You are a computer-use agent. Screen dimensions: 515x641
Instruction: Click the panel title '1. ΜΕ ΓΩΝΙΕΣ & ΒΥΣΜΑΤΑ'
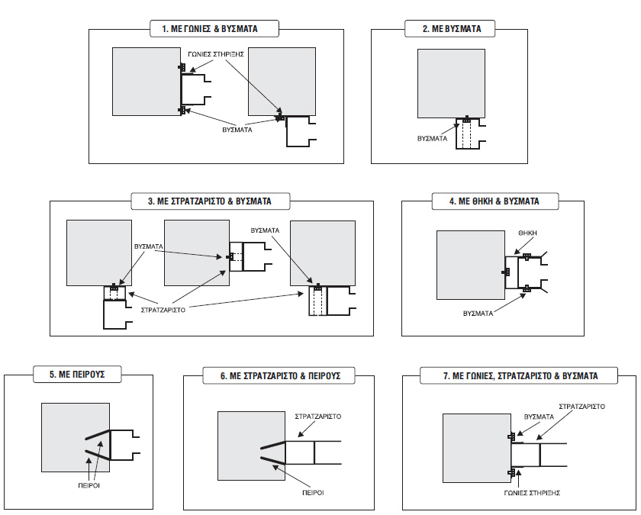point(214,29)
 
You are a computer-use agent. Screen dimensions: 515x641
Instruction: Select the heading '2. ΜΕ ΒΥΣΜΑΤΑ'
point(452,29)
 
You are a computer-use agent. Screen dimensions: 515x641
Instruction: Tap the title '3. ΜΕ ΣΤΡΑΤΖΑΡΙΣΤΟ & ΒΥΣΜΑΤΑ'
point(210,201)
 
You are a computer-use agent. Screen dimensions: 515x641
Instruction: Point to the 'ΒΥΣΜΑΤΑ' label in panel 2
point(432,140)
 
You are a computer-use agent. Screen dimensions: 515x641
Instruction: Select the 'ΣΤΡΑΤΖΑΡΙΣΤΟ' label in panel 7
point(581,407)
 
